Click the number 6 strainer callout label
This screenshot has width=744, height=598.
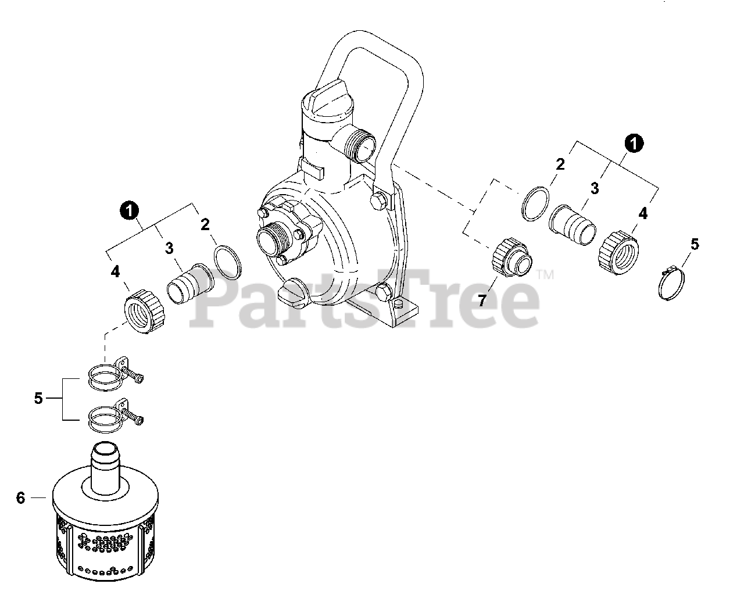(x=21, y=498)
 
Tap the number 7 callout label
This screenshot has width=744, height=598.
(x=482, y=300)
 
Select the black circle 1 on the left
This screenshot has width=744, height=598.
(x=129, y=211)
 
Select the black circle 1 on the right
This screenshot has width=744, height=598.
(x=634, y=143)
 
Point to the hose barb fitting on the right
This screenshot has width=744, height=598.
(x=573, y=225)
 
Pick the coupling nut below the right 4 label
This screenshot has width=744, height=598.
(x=618, y=253)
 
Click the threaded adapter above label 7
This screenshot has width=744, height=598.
(x=512, y=257)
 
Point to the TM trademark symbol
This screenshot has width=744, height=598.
(x=545, y=275)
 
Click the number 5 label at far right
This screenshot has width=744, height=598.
(x=695, y=245)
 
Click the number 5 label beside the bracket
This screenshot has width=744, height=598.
(x=38, y=399)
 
